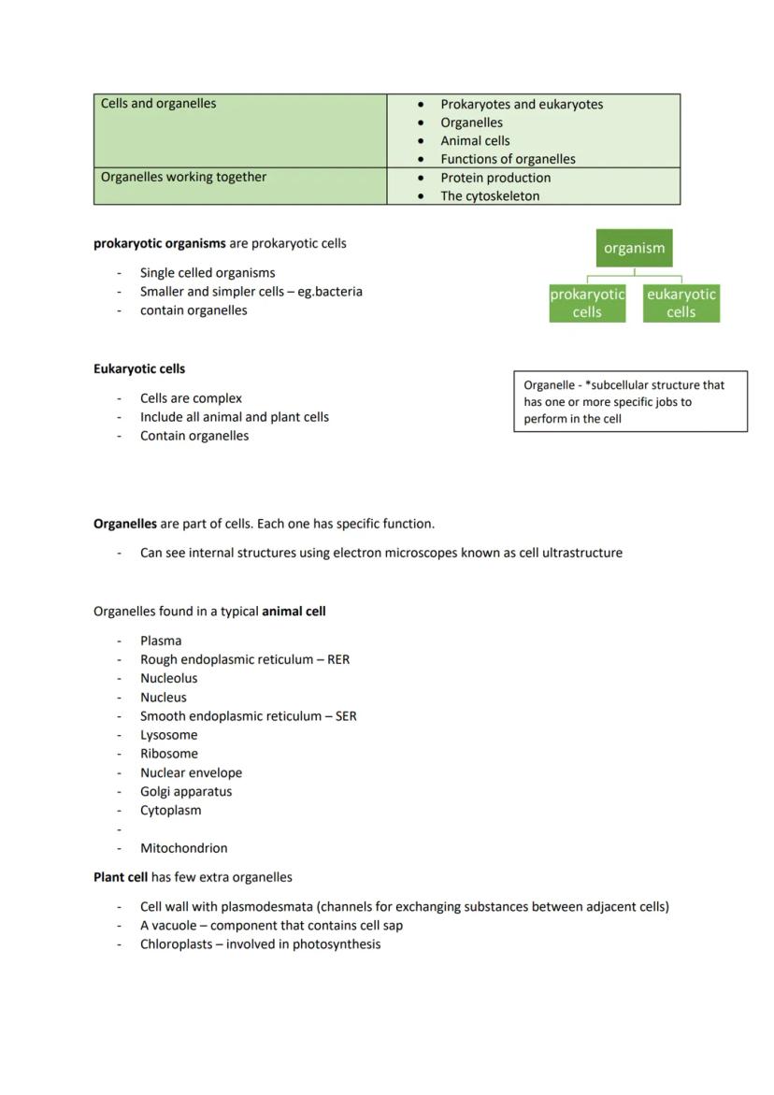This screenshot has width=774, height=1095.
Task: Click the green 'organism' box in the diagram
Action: (x=634, y=249)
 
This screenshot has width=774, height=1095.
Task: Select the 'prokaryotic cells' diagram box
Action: (x=587, y=304)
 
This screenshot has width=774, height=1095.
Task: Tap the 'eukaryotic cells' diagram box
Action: (x=681, y=304)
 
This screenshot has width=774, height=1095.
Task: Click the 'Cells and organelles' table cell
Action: (x=240, y=130)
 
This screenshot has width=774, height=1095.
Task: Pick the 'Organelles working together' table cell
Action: (x=240, y=186)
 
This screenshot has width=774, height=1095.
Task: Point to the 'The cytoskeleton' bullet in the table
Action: (x=490, y=196)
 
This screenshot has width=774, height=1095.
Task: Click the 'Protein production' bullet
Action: (x=495, y=178)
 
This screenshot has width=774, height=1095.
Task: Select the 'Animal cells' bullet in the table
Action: (x=475, y=141)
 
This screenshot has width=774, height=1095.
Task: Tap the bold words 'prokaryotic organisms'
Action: (x=160, y=244)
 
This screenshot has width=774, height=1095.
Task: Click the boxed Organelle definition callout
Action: (x=630, y=402)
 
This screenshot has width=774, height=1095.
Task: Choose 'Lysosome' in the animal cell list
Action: (x=169, y=735)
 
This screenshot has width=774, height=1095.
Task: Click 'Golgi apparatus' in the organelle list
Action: (x=186, y=791)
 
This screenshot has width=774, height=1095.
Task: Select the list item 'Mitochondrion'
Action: (x=184, y=848)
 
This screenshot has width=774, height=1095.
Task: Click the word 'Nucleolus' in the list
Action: (x=169, y=679)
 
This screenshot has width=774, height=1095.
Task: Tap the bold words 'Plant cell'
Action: (x=121, y=877)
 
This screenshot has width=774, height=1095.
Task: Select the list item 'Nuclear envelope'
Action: (x=191, y=773)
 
